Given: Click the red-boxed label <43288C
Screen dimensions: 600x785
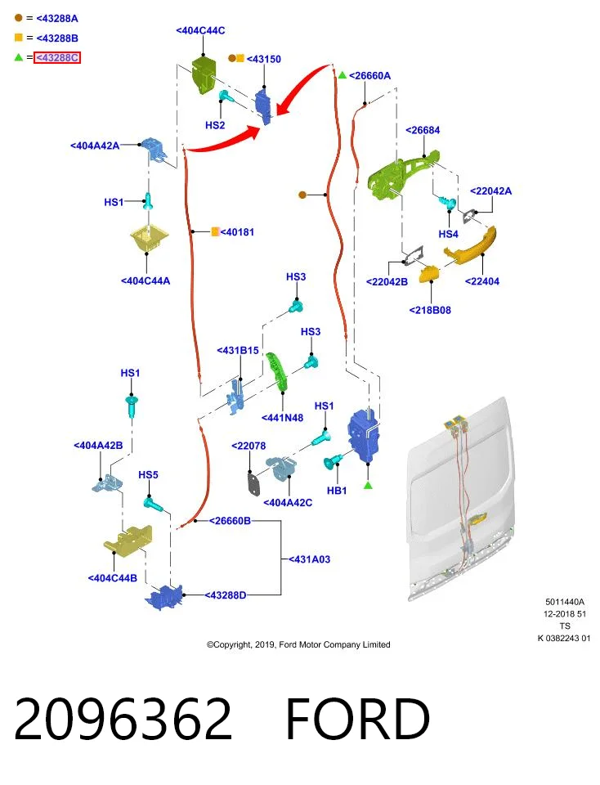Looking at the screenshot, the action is pos(57,57).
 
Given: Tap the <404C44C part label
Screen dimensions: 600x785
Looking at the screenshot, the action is pos(200,30).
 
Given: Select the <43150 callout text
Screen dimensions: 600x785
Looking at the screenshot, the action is pos(264,59).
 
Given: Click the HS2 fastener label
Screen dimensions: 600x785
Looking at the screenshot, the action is pos(215,125).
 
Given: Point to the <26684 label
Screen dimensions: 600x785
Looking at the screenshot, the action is pos(423,130).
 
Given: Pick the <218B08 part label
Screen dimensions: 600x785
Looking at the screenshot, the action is pos(430,311).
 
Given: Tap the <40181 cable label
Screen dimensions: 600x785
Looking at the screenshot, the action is pos(237,232).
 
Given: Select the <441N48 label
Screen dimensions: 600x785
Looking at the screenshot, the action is pos(282,418).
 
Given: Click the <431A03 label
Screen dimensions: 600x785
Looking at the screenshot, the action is pos(309,559).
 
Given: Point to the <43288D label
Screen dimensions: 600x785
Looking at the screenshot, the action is pos(225,595).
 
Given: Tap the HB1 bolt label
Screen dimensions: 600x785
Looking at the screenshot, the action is pos(337,491).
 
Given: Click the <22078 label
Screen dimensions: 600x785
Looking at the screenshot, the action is pos(249,446).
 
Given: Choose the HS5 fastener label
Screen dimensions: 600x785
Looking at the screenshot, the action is pos(148,474).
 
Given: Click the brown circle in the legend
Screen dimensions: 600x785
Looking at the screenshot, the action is pos(19,18).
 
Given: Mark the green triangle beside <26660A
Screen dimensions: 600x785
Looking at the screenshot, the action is pos(343,75).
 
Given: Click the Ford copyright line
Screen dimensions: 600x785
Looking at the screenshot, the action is pos(298,645).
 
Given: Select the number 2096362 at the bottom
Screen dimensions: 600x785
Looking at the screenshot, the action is pos(123,720).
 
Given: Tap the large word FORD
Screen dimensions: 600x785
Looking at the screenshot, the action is pos(358,720).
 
